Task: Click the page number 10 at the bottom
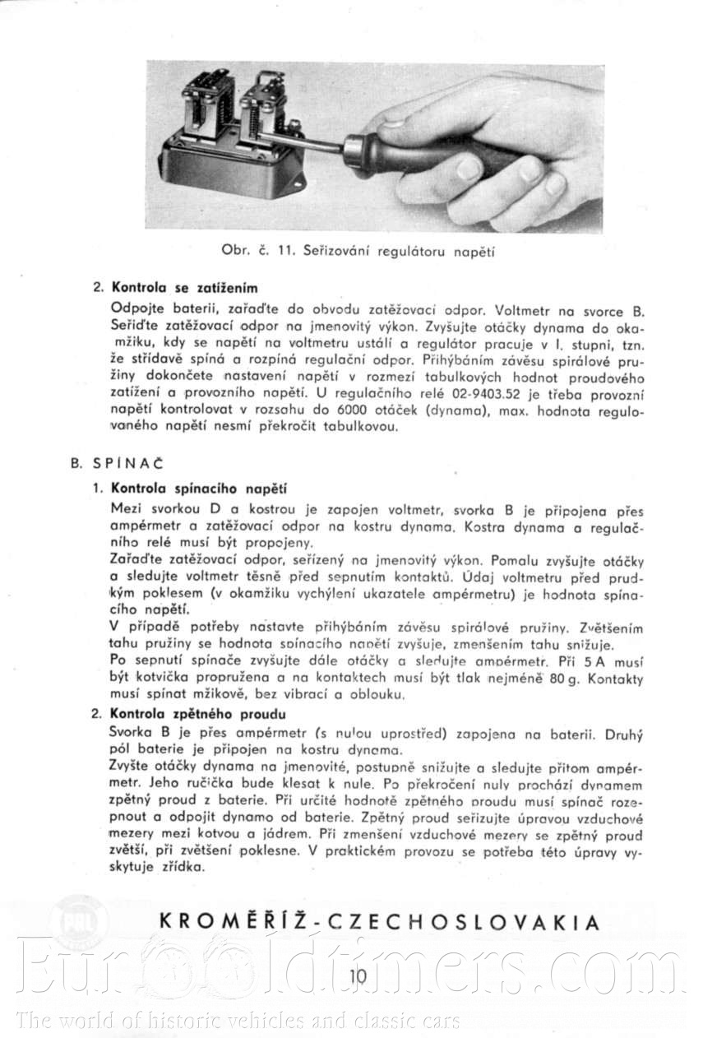(358, 976)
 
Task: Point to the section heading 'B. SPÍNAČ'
(106, 462)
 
